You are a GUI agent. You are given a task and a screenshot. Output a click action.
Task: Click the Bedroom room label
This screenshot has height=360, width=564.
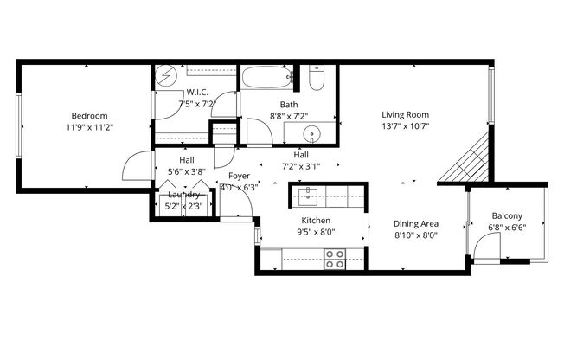pyautogui.click(x=89, y=116)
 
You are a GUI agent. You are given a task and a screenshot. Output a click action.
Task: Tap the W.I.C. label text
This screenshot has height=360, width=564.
pyautogui.click(x=196, y=92)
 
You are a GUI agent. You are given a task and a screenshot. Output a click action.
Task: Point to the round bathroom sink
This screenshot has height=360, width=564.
pyautogui.click(x=313, y=134)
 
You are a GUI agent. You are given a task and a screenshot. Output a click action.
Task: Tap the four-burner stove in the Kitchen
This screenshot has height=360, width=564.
pyautogui.click(x=334, y=258)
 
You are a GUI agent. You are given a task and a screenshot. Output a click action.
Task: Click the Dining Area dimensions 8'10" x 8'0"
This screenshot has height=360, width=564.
pyautogui.click(x=417, y=235)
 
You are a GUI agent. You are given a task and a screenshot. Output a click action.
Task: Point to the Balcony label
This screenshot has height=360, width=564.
pyautogui.click(x=506, y=216)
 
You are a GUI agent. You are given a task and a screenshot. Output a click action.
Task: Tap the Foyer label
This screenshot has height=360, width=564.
pyautogui.click(x=239, y=176)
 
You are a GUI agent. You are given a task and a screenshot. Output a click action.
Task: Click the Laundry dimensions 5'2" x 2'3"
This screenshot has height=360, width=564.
pyautogui.click(x=183, y=206)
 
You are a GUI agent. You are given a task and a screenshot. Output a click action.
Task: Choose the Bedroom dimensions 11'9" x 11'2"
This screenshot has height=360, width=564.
pyautogui.click(x=89, y=127)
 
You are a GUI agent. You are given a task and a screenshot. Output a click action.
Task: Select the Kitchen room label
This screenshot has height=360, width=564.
pyautogui.click(x=316, y=221)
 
